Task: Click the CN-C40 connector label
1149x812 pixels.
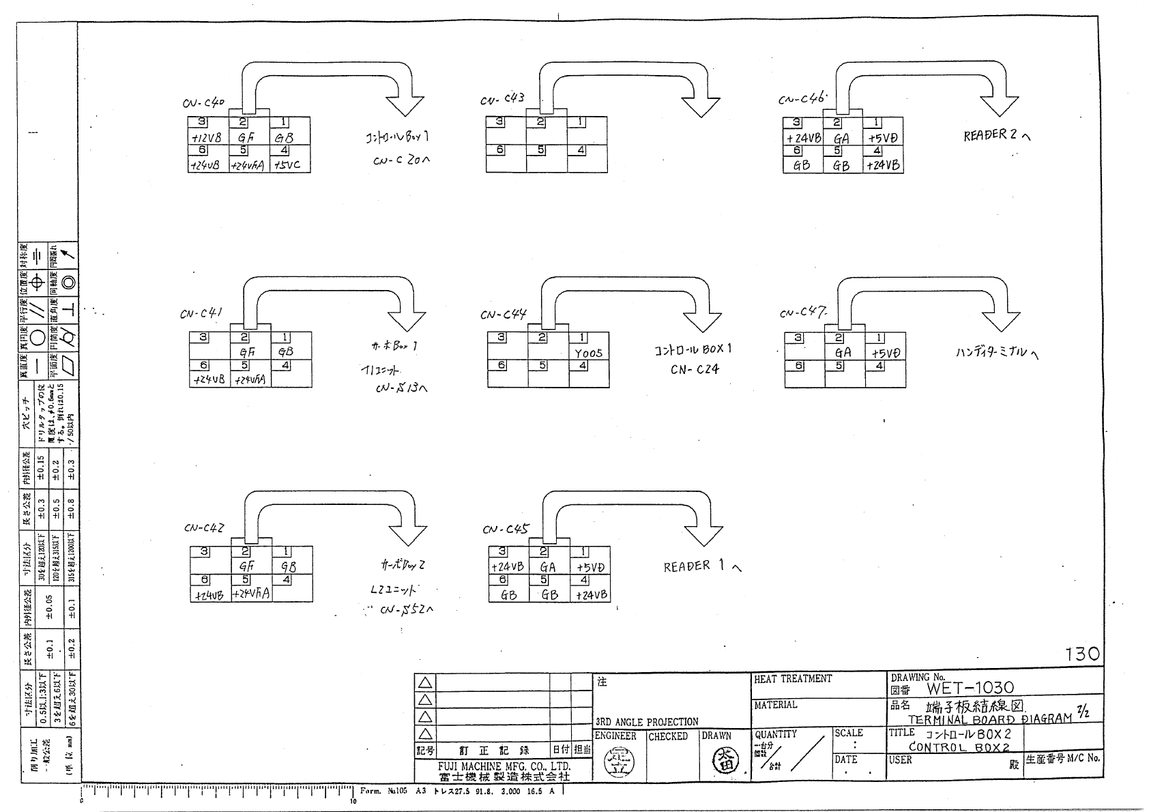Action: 203,104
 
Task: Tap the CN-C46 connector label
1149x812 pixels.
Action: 802,99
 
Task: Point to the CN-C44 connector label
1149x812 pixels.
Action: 503,315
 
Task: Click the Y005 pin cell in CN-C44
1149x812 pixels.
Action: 588,353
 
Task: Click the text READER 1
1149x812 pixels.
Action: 696,566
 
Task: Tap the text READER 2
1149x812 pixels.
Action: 991,135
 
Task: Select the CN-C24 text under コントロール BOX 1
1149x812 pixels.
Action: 695,370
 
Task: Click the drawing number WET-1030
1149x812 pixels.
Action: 970,688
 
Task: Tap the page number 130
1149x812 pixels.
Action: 1083,654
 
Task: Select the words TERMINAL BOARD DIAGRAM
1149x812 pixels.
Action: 989,719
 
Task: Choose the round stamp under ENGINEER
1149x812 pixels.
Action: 619,762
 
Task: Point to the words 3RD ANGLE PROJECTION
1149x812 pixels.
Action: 647,722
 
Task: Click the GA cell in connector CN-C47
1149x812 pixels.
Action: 843,353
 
